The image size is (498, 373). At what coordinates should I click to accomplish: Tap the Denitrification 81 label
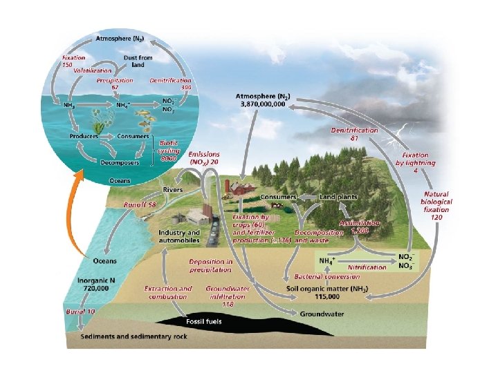353,133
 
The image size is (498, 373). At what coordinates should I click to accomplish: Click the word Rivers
173,189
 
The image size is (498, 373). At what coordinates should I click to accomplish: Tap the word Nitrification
367,266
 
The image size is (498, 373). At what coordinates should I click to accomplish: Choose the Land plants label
338,197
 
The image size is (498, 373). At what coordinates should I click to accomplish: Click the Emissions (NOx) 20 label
204,157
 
